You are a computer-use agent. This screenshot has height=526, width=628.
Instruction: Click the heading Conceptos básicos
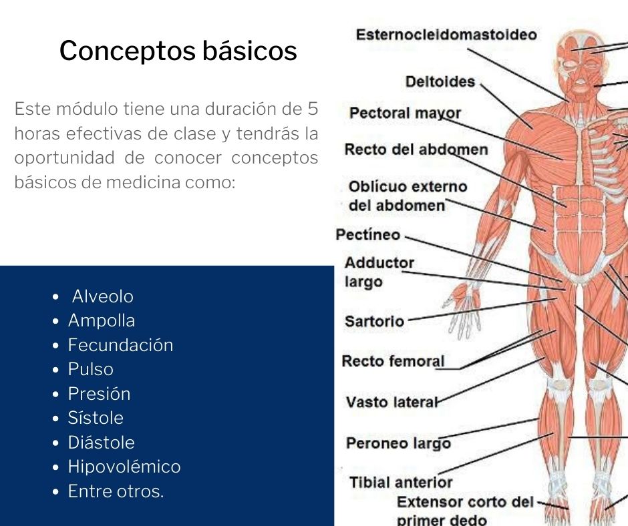178,51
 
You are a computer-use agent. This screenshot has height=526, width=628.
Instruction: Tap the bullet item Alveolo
102,296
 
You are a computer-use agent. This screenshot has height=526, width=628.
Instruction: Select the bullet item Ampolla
102,320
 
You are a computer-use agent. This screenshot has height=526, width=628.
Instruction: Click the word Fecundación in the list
120,345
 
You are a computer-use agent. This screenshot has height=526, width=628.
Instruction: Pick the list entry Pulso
90,369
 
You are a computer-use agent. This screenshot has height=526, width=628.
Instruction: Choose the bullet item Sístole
96,418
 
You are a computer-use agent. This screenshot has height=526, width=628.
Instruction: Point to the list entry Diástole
102,443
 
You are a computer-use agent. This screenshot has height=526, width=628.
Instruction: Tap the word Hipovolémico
124,467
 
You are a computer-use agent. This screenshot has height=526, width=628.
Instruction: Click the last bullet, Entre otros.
116,491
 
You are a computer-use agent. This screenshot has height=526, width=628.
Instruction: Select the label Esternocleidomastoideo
446,35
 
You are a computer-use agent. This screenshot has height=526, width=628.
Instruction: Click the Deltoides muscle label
440,81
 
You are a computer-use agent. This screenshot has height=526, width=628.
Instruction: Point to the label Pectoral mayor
405,113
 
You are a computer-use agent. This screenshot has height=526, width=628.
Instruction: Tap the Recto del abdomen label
416,150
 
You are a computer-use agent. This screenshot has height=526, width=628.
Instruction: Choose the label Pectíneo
367,234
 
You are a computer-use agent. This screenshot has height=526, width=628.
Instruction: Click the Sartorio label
375,322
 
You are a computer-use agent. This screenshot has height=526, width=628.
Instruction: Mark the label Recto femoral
393,361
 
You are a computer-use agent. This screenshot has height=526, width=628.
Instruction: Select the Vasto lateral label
392,402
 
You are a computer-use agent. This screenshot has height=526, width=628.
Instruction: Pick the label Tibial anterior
401,483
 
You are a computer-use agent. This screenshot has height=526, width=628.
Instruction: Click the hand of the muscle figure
462,309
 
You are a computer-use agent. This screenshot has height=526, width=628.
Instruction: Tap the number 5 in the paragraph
313,109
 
